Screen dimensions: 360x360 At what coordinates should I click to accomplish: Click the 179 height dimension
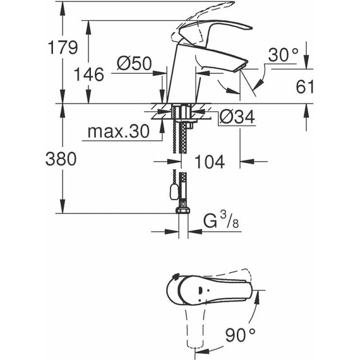coord(63,47)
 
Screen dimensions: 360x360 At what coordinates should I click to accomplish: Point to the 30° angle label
coord(282,55)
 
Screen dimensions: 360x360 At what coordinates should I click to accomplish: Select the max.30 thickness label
coord(117,131)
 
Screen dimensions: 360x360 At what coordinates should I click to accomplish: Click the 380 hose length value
coord(63,159)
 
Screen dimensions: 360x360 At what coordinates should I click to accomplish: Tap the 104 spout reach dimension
coord(208,162)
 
